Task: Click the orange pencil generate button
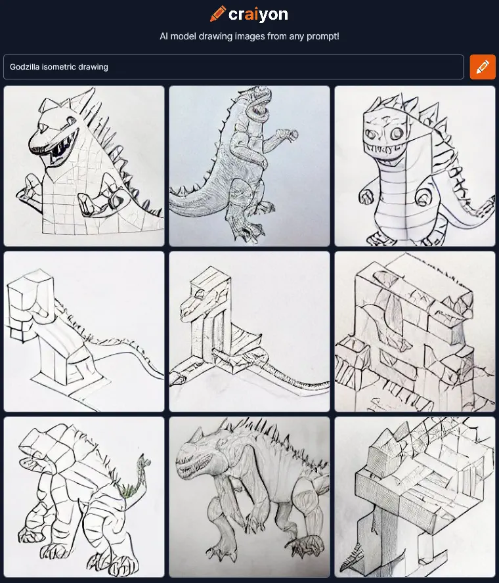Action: click(483, 67)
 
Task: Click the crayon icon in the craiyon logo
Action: click(218, 14)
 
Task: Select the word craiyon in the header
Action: click(258, 14)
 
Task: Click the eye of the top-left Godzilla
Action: click(43, 127)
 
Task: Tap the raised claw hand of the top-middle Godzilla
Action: click(288, 134)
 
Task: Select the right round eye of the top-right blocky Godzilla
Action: click(397, 133)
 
